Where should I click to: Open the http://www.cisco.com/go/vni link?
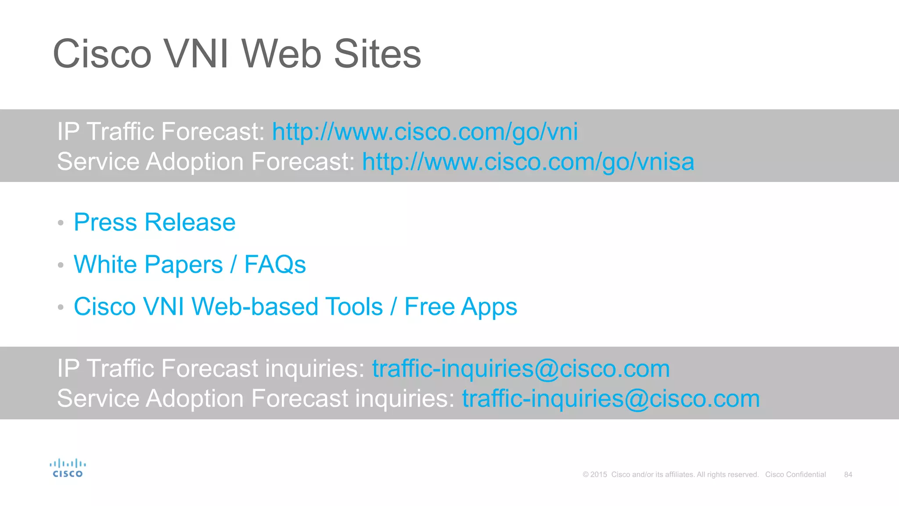(424, 132)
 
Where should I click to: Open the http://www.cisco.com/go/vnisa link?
(528, 162)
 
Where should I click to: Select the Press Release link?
(155, 222)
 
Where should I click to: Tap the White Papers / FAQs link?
(190, 264)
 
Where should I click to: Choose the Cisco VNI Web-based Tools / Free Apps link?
(295, 307)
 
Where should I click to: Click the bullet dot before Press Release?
(61, 223)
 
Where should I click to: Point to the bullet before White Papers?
(61, 265)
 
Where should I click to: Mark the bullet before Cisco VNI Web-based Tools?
(61, 307)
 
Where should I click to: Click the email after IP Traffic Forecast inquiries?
(521, 369)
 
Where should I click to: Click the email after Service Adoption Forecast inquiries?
(611, 399)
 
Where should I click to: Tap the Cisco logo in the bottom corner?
(68, 468)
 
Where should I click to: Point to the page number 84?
(848, 475)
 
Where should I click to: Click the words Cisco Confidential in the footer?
(795, 475)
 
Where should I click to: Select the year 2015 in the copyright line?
(599, 475)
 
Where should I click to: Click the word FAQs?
(275, 264)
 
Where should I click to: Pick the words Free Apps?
(460, 307)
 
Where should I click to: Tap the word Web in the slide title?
(281, 54)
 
